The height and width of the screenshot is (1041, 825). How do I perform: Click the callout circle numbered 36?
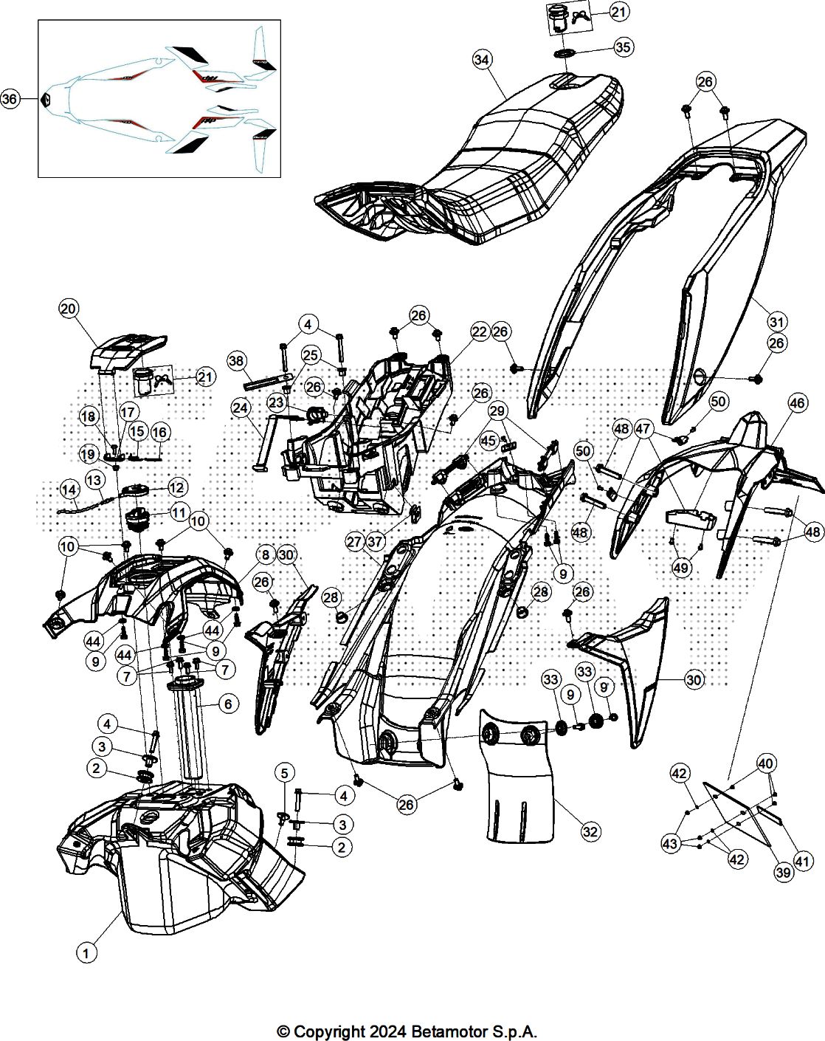click(9, 99)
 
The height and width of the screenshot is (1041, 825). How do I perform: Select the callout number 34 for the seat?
click(482, 60)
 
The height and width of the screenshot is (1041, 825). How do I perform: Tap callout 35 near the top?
click(624, 47)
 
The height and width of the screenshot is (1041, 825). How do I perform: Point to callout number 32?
click(590, 831)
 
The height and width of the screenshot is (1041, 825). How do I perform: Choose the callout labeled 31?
click(777, 321)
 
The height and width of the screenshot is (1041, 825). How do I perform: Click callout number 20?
click(69, 309)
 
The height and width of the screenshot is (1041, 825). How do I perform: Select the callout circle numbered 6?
click(228, 704)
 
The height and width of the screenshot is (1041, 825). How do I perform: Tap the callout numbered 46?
click(798, 402)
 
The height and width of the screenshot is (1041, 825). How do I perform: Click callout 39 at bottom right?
click(784, 872)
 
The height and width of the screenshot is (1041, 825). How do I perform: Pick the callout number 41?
click(803, 862)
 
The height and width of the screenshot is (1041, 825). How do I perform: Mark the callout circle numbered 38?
click(236, 361)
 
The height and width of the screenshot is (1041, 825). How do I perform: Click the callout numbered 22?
click(479, 331)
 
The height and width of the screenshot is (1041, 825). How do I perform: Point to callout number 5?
click(284, 773)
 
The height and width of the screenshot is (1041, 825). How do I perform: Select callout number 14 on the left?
click(69, 490)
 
